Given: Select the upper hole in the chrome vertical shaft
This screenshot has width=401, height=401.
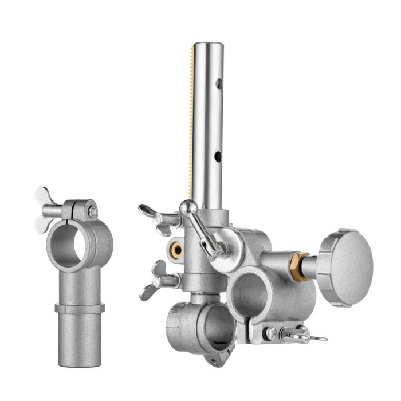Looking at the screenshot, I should pos(218,85).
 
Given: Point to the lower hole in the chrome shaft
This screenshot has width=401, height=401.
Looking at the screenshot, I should pos(218,155).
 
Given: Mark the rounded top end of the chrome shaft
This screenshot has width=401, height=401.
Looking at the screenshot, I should pos(208,45).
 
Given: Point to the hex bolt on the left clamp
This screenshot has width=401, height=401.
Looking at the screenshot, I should pos(92,211).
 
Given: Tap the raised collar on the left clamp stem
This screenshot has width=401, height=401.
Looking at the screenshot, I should pos(80,308).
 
